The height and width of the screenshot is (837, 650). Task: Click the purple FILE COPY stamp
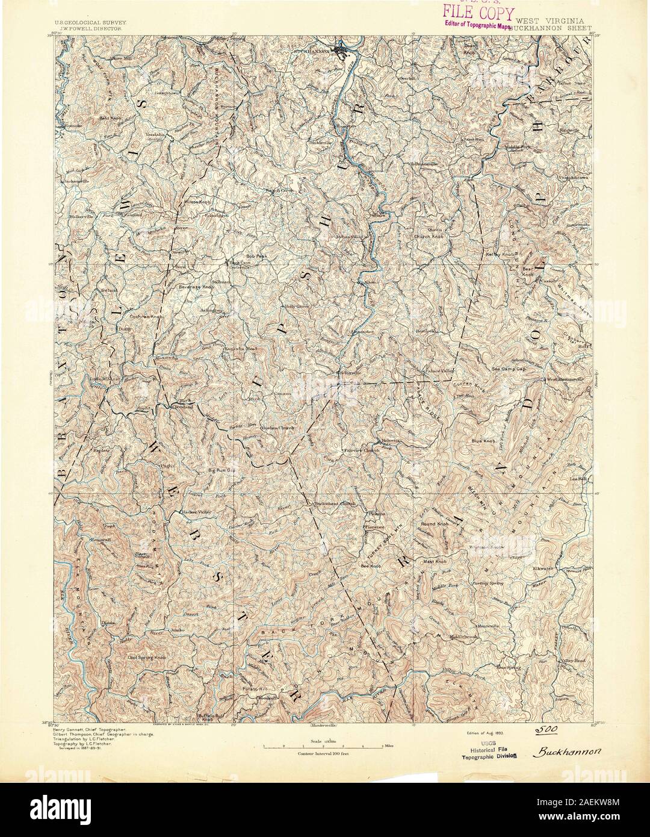[479, 13]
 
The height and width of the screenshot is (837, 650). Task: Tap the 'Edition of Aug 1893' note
[484, 733]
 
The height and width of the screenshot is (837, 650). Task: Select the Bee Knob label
[371, 567]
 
